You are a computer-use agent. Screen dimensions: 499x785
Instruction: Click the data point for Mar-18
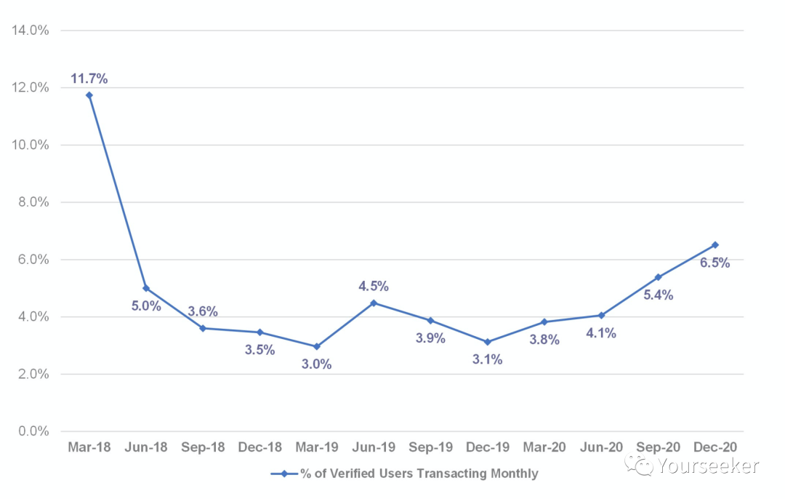tap(89, 95)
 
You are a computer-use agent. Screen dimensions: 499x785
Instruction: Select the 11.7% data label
tap(89, 78)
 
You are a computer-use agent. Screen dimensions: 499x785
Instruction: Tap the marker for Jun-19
tap(374, 303)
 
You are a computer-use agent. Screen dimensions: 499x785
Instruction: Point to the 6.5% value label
tap(714, 263)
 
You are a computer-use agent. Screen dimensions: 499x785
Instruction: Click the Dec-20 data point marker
tap(715, 245)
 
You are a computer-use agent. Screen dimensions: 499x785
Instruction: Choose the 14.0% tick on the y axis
tap(30, 31)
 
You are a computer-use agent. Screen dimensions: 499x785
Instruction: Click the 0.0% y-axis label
tap(33, 431)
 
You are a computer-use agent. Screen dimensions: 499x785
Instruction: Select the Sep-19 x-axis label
tap(430, 447)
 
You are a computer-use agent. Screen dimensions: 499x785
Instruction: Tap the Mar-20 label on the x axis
tap(544, 447)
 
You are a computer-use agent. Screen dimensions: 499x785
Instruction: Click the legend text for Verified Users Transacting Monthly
tap(419, 474)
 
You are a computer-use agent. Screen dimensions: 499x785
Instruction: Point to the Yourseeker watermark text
tap(709, 466)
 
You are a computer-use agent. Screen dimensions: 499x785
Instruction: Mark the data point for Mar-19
tap(317, 347)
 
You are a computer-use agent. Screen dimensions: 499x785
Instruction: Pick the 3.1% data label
tap(487, 359)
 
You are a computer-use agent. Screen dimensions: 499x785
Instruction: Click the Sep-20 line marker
tap(659, 277)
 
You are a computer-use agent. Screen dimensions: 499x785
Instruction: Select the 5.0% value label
tap(146, 306)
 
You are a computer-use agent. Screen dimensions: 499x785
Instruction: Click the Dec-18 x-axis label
tap(259, 447)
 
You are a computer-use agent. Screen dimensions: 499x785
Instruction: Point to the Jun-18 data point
tap(146, 288)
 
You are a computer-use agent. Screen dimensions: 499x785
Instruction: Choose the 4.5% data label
tap(374, 286)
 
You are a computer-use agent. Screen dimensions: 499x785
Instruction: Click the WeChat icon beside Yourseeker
tap(643, 466)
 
